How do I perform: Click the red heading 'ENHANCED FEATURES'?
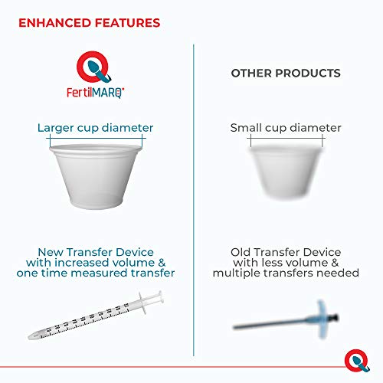[90, 23]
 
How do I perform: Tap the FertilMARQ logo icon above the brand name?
[95, 66]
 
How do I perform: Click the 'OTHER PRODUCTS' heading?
[286, 74]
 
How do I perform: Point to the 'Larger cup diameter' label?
[95, 127]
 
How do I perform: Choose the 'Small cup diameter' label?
[286, 128]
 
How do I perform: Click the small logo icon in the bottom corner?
[355, 356]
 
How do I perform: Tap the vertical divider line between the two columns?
[192, 199]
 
